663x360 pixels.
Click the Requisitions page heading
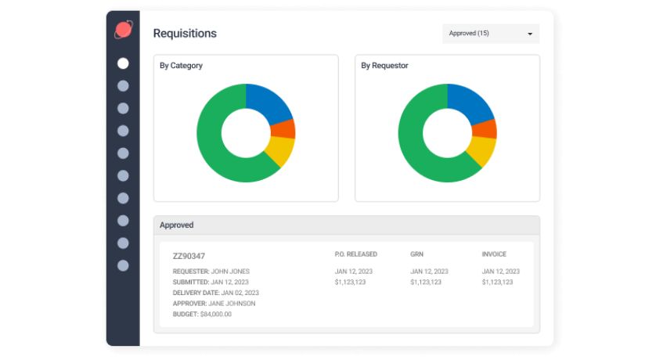pyautogui.click(x=185, y=34)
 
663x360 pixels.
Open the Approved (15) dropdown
pyautogui.click(x=491, y=34)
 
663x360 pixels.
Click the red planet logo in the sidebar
pyautogui.click(x=123, y=31)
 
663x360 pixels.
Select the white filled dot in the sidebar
pyautogui.click(x=123, y=63)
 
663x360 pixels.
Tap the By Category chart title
pyautogui.click(x=181, y=66)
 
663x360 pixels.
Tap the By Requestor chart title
pyautogui.click(x=384, y=66)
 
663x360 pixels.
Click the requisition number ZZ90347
pyautogui.click(x=189, y=256)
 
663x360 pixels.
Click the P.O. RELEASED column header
pyautogui.click(x=355, y=254)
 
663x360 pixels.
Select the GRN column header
pyautogui.click(x=416, y=254)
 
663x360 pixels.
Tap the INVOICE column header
pyautogui.click(x=494, y=254)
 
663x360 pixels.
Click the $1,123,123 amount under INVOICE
pyautogui.click(x=500, y=282)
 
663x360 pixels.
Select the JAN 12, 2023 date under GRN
pyautogui.click(x=430, y=272)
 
